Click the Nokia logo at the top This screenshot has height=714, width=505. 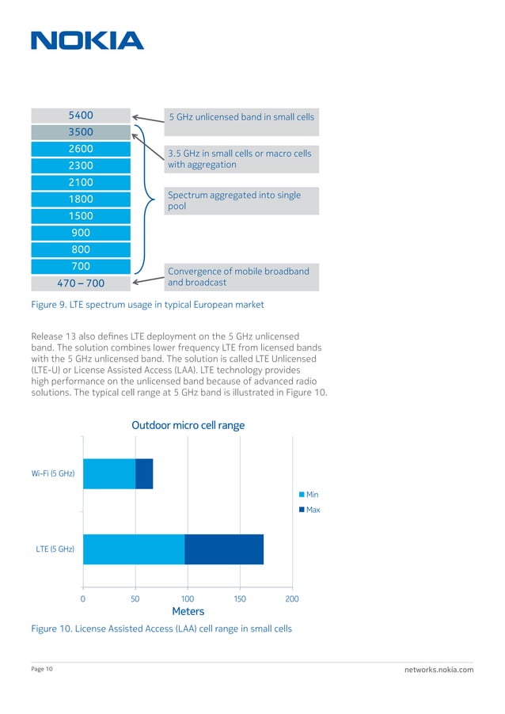87,40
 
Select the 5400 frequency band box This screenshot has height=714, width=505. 80,116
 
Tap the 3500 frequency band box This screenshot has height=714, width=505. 80,132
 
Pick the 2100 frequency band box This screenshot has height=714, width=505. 80,182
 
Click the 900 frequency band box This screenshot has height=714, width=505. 80,233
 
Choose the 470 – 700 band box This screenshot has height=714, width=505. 80,283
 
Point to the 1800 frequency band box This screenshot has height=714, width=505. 80,199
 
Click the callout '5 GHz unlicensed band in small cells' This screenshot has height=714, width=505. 241,117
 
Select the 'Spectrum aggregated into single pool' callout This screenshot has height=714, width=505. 241,200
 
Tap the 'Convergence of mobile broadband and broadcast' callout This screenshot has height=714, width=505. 241,277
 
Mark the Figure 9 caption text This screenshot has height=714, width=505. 147,305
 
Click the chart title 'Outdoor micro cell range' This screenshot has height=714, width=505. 188,425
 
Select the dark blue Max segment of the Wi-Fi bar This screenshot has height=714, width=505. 144,473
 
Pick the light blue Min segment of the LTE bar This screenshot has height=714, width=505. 133,549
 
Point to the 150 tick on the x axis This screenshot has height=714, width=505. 239,599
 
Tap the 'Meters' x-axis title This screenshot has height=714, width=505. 188,611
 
